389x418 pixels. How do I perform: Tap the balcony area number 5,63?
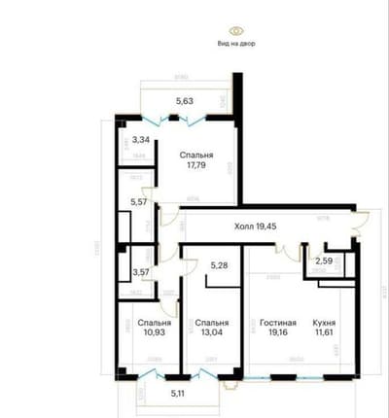coord(185,100)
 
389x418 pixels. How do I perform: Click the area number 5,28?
coord(219,263)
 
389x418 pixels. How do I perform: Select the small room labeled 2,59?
coord(324,261)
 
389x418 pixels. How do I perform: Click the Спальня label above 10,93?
coord(155,323)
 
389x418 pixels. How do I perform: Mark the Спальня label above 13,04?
coord(211,323)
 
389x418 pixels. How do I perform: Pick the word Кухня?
coord(326,323)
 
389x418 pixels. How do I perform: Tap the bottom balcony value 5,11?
coord(177,393)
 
